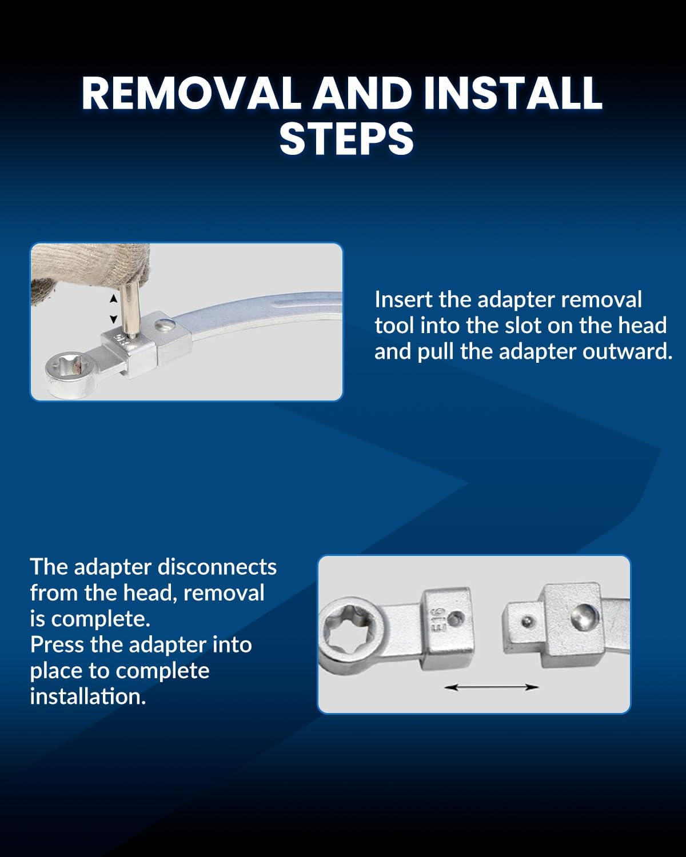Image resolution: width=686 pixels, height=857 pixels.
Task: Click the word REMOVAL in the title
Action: tap(192, 93)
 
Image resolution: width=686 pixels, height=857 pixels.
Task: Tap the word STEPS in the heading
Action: tap(346, 139)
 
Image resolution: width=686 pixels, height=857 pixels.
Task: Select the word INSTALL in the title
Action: tap(513, 93)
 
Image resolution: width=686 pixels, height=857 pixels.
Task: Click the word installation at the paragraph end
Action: tap(89, 696)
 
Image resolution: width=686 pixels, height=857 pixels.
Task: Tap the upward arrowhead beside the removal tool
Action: tap(114, 298)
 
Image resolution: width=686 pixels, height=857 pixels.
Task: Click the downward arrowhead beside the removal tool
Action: tap(114, 319)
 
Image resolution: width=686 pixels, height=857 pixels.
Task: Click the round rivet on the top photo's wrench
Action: tap(165, 324)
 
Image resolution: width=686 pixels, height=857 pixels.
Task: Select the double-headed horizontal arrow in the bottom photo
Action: tap(491, 687)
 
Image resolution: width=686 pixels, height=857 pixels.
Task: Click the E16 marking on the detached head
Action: tap(438, 619)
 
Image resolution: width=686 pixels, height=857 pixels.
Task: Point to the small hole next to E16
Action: tap(455, 619)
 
